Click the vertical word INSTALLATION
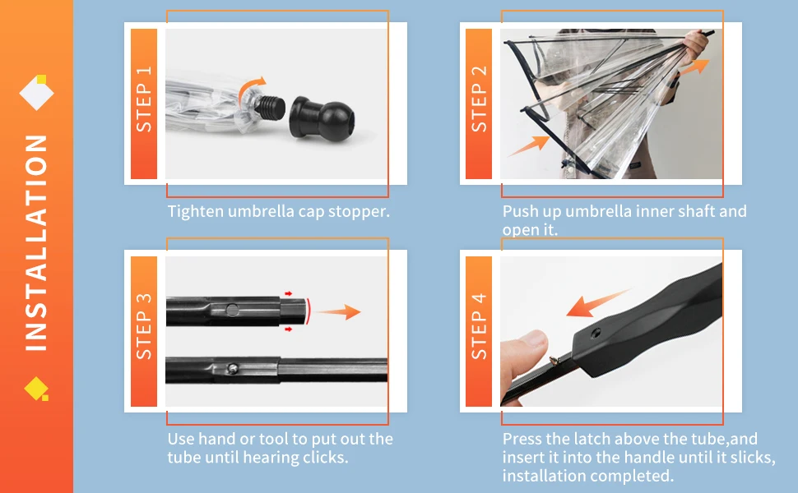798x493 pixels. pyautogui.click(x=36, y=242)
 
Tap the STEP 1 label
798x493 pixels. pyautogui.click(x=144, y=99)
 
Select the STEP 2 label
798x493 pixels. pyautogui.click(x=479, y=99)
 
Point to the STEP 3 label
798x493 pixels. pyautogui.click(x=144, y=326)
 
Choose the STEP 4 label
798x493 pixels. pyautogui.click(x=479, y=326)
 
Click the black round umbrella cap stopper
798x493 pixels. pyautogui.click(x=322, y=119)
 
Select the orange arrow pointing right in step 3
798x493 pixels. pyautogui.click(x=339, y=311)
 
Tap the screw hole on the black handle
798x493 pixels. pyautogui.click(x=596, y=334)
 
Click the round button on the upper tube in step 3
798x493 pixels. pyautogui.click(x=232, y=310)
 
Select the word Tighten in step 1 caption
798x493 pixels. pyautogui.click(x=196, y=211)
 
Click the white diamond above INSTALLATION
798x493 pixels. pyautogui.click(x=37, y=93)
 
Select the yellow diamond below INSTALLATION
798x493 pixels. pyautogui.click(x=36, y=389)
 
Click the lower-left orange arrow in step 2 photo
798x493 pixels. pyautogui.click(x=528, y=145)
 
